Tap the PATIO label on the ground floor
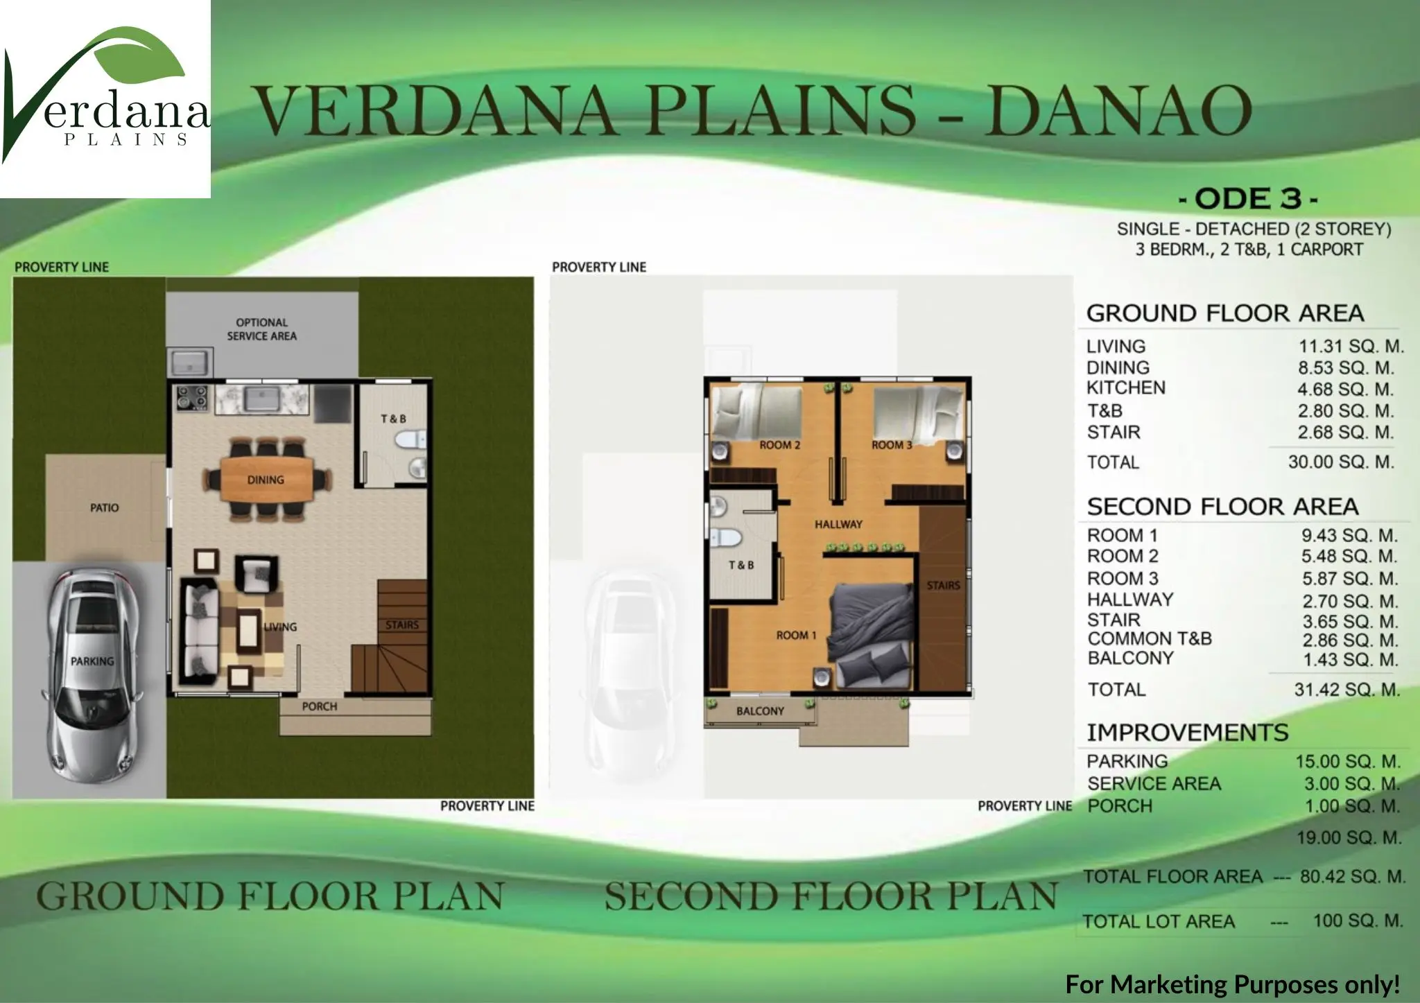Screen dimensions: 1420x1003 pos(104,508)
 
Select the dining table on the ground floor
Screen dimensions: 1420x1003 pos(266,478)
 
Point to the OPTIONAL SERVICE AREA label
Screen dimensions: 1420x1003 pos(262,329)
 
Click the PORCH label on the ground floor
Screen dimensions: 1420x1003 pos(320,706)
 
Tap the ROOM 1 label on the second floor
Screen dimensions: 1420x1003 pos(796,635)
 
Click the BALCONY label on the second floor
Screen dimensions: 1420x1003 pos(761,711)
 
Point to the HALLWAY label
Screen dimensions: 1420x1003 pos(838,524)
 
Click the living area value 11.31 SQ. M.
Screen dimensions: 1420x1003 pos(1350,346)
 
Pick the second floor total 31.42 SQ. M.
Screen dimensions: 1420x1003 pos(1347,690)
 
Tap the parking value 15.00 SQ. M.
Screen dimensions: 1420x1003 pos(1348,761)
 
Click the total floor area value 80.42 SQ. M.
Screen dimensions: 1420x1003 pos(1353,876)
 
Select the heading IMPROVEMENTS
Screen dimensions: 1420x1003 pos(1187,732)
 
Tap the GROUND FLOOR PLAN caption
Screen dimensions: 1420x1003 pos(270,896)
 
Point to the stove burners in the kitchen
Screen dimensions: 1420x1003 pos(193,399)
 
